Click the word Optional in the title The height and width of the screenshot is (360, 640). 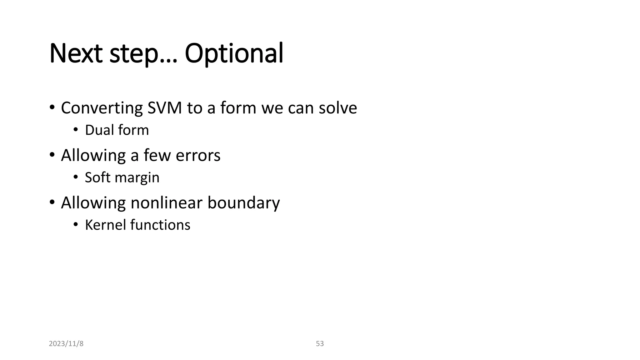pos(234,54)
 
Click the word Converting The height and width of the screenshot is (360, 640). pos(102,108)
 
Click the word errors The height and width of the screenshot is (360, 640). pos(198,155)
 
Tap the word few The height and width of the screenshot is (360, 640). pos(157,155)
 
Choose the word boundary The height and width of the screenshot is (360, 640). pos(243,203)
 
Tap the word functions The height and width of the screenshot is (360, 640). pos(160,225)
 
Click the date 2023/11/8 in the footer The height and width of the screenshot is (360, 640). pos(66,344)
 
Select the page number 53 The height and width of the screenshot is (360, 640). pos(320,344)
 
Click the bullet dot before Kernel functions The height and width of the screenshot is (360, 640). pos(75,224)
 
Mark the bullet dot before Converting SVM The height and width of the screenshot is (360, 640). pos(52,107)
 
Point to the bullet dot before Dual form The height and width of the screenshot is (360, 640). pos(75,129)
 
